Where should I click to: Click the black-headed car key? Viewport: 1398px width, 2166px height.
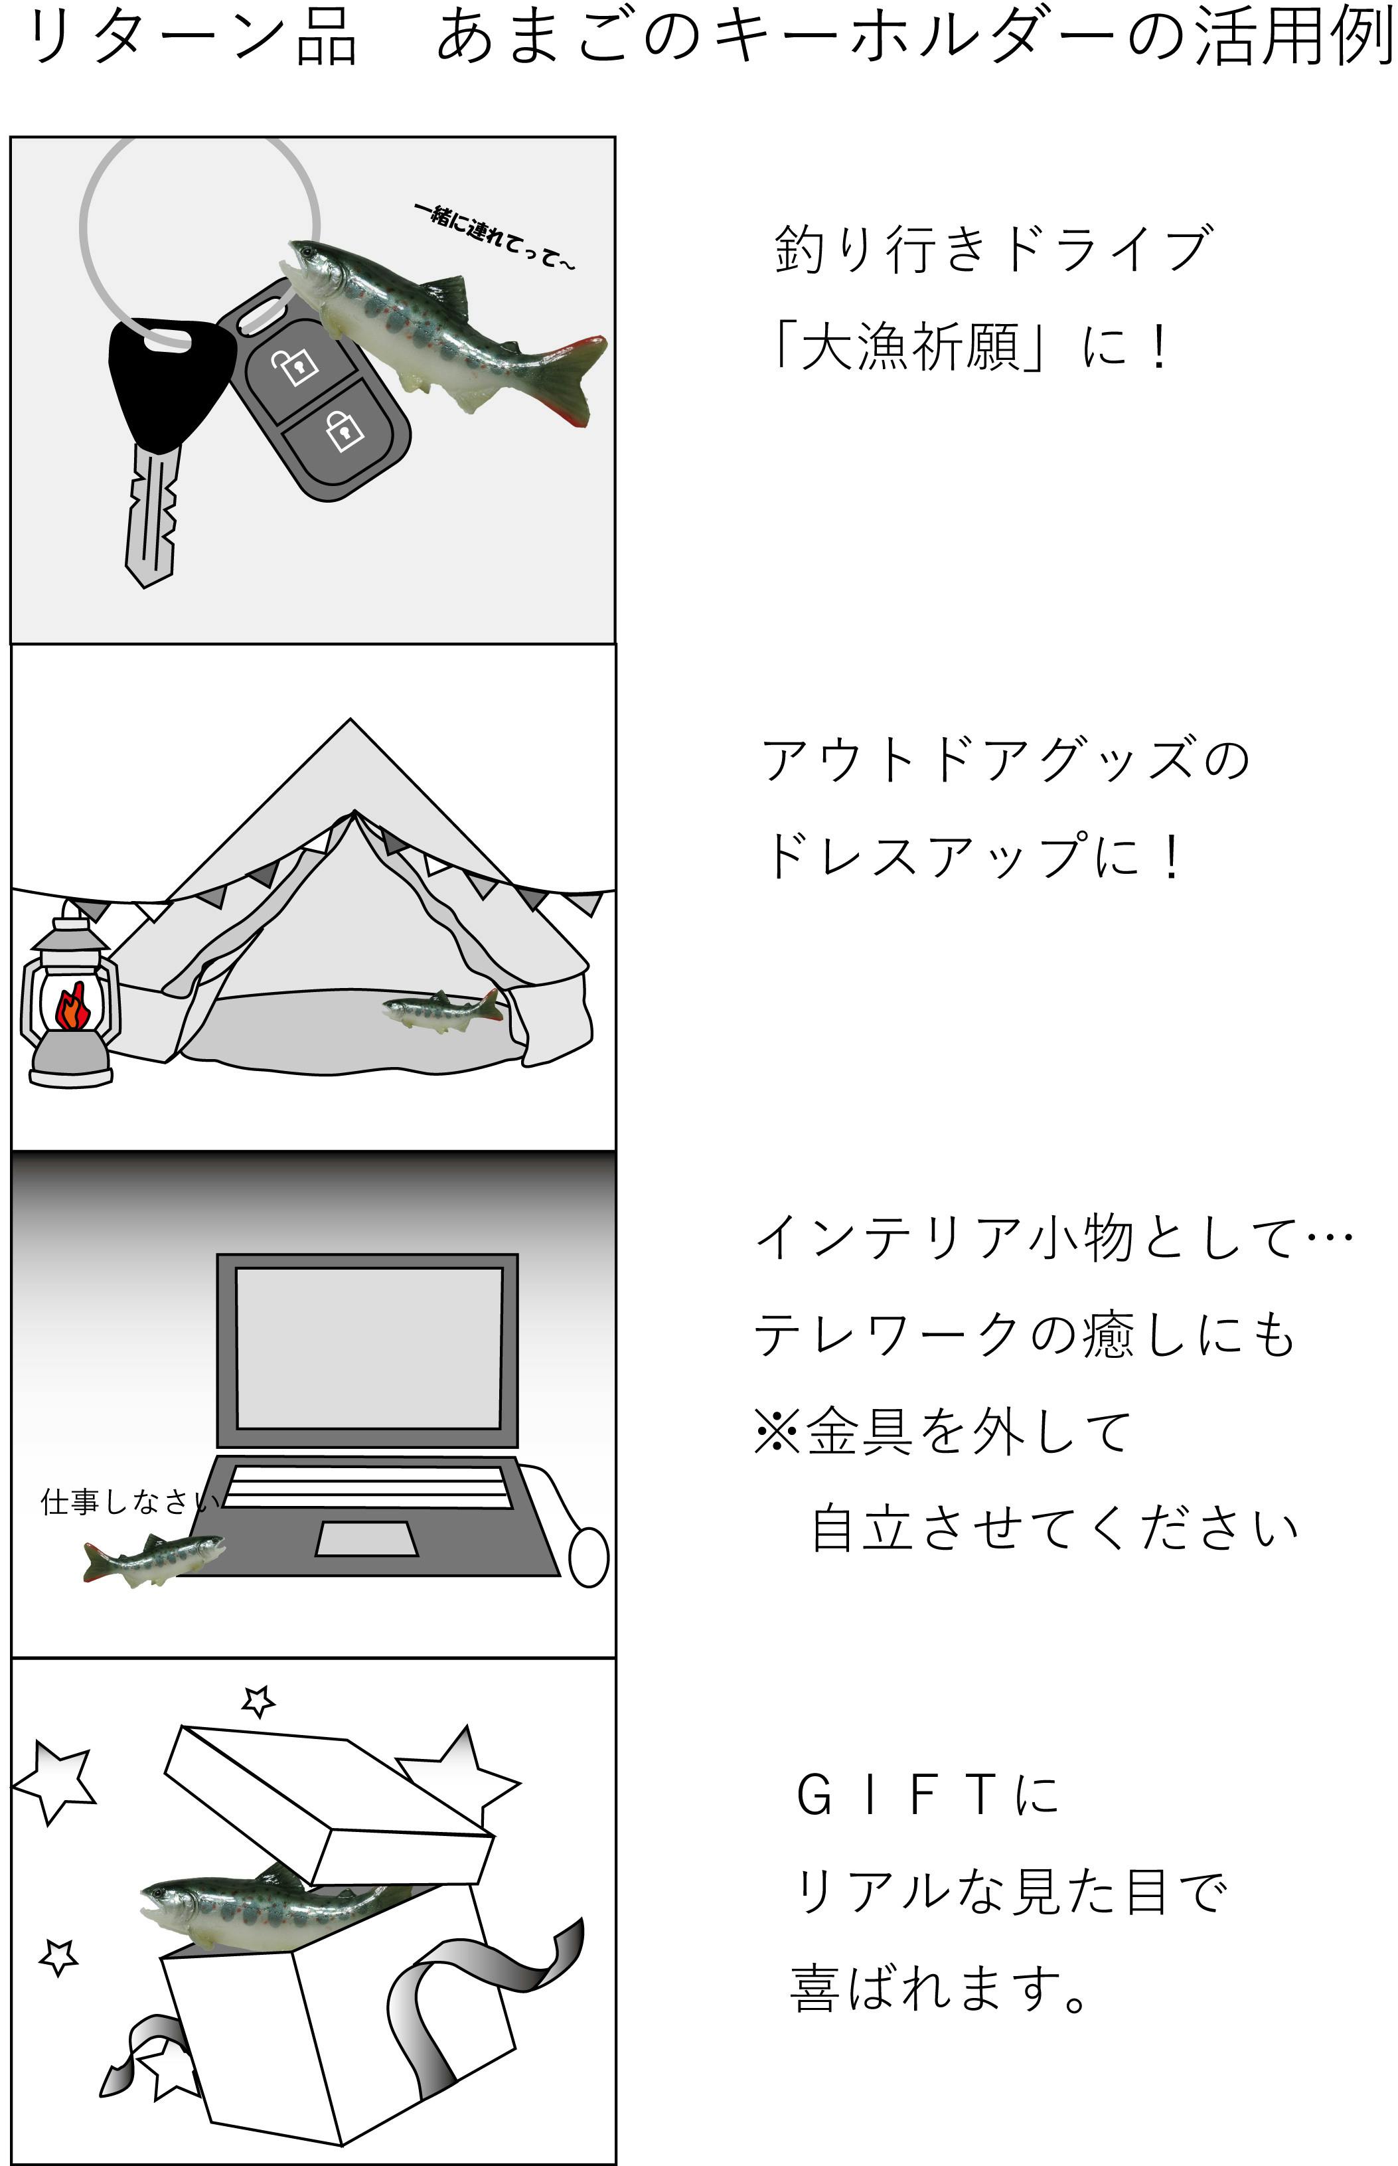(x=159, y=427)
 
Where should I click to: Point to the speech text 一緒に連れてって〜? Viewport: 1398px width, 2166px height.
(x=495, y=236)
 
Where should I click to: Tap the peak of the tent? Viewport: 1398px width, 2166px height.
(x=351, y=722)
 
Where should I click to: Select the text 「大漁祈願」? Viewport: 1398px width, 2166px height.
(x=908, y=346)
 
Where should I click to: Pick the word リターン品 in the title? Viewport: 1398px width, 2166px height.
(x=193, y=37)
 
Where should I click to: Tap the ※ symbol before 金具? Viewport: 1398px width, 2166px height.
(x=777, y=1432)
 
